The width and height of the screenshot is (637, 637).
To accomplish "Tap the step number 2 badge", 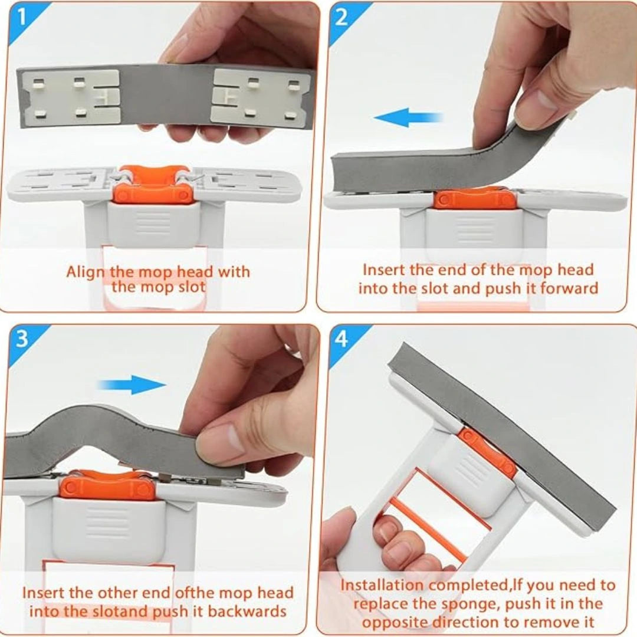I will coord(342,18).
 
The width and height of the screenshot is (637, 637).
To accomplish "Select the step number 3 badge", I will coord(22,340).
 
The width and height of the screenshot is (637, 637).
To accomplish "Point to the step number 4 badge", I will coord(342,340).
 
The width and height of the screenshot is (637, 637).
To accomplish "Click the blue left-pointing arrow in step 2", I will coord(408,118).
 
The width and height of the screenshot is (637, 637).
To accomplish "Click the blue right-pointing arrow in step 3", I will coord(132,385).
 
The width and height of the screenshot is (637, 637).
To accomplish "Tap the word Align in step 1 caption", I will coord(86,272).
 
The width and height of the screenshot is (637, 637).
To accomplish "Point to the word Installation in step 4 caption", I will coord(383,586).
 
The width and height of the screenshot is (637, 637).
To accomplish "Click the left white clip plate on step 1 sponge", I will coord(70,97).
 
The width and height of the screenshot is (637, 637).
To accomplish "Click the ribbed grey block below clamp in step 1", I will coord(153,224).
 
